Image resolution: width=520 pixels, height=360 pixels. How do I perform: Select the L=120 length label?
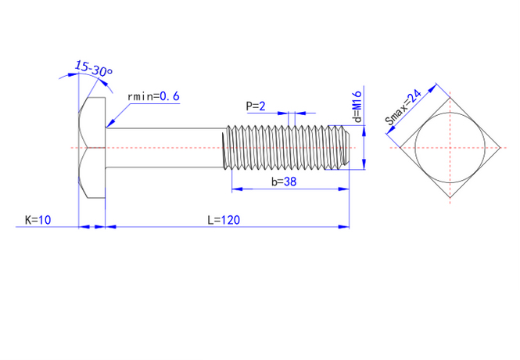pyautogui.click(x=224, y=221)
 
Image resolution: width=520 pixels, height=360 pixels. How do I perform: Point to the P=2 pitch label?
pyautogui.click(x=256, y=106)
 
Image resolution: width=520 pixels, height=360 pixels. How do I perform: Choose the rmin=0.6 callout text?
pyautogui.click(x=154, y=96)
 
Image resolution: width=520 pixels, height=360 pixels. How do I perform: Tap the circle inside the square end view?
pyautogui.click(x=450, y=147)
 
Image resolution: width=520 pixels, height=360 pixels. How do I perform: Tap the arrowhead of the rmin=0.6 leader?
pyautogui.click(x=109, y=124)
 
